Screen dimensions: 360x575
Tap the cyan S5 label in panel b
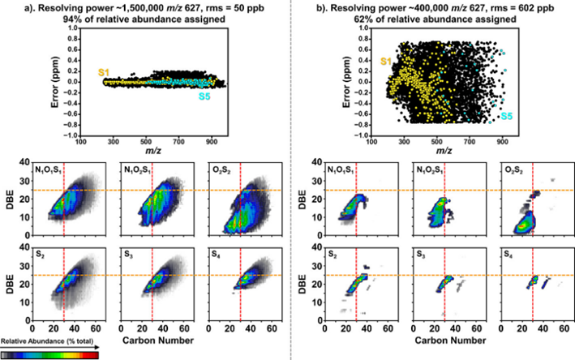506,116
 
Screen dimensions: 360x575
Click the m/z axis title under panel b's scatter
436,151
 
